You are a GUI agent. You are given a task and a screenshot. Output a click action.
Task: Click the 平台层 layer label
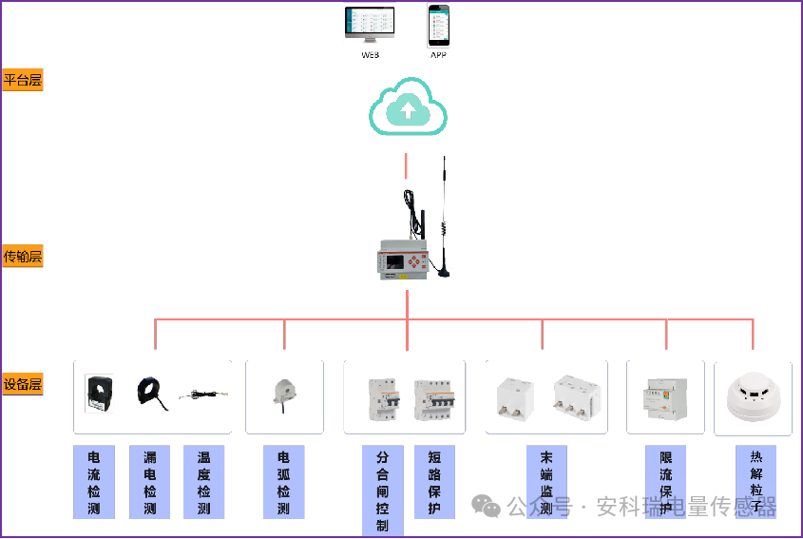coord(23,81)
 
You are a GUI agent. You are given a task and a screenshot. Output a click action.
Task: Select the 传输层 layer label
coord(23,257)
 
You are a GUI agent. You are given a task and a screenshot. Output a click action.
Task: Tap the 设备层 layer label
coord(23,385)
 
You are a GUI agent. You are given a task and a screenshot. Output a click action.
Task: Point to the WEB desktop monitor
coord(370,26)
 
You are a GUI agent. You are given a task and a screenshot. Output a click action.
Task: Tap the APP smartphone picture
coord(438,26)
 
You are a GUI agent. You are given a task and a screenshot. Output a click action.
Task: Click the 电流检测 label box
coord(94,482)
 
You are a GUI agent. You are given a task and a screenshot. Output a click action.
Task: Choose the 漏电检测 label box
coord(149,482)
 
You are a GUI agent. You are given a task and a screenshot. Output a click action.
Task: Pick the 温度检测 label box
coord(203,482)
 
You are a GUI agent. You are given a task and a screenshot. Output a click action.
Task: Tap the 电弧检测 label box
coord(283,482)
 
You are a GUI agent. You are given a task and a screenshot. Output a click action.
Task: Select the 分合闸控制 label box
coord(382,491)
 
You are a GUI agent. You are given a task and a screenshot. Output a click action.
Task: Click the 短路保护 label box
coord(434,482)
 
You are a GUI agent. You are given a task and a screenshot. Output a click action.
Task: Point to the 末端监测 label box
coord(545,482)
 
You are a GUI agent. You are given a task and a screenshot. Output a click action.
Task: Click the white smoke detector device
coord(753,397)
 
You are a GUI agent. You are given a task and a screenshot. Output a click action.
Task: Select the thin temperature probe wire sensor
coord(204,394)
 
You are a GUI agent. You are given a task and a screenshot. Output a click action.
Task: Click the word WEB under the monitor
coord(370,55)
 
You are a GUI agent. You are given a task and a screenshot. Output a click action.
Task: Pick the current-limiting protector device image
coord(665,397)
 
